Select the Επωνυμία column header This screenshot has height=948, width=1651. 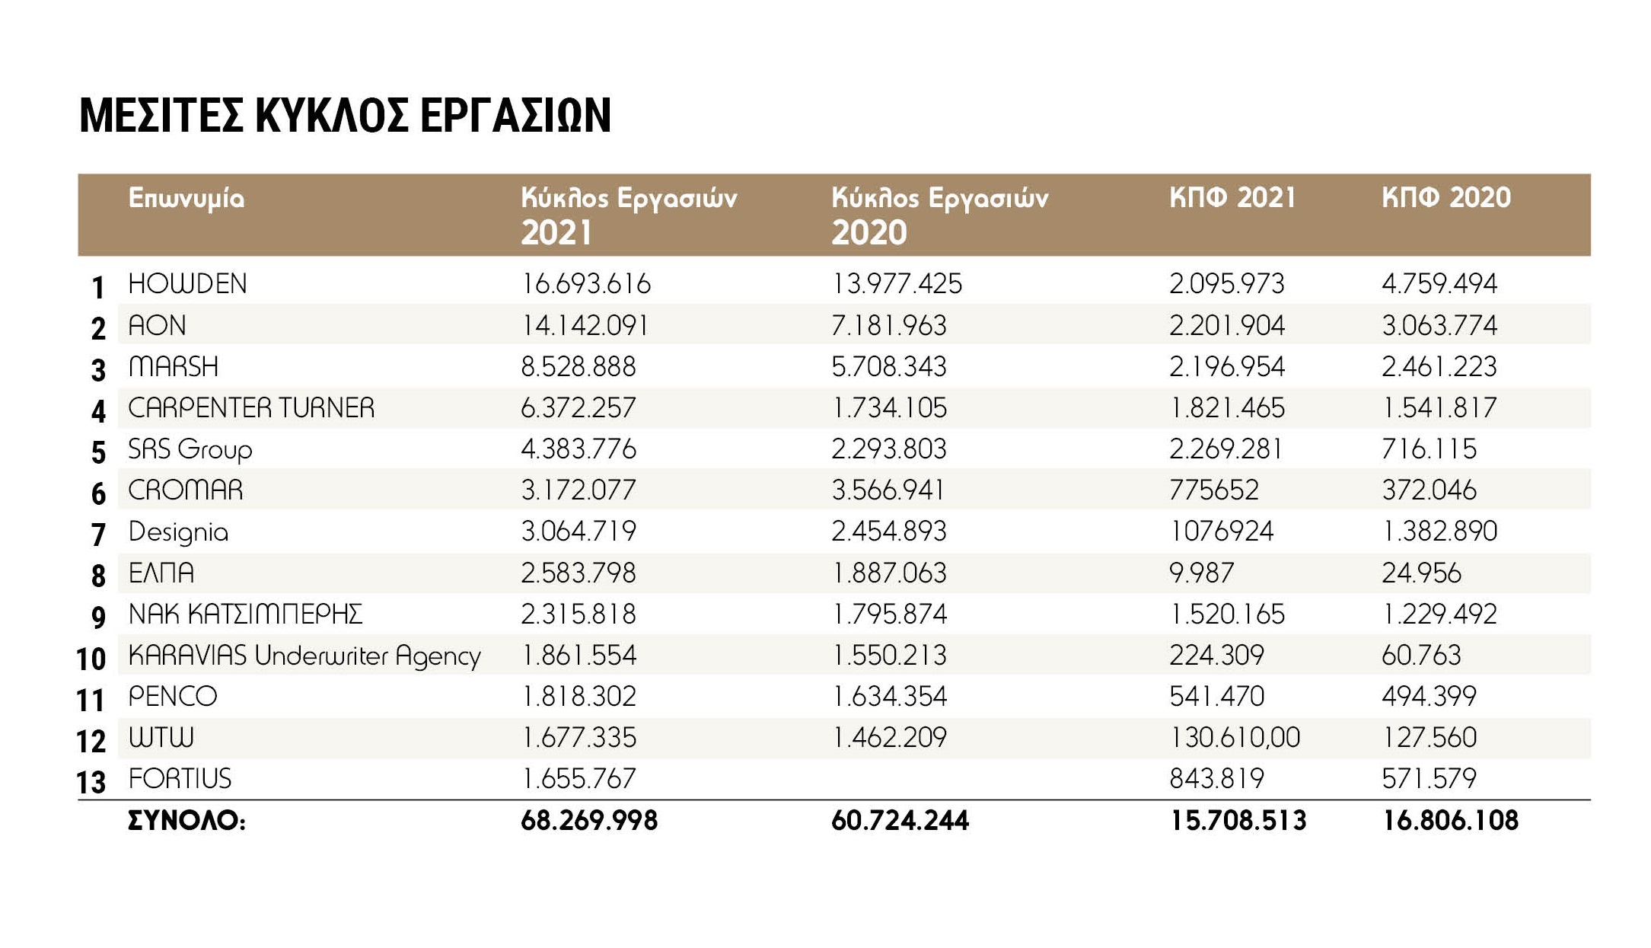click(x=186, y=198)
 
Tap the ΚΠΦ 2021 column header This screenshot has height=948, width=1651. click(x=1232, y=198)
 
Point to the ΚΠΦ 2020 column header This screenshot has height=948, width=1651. click(x=1445, y=198)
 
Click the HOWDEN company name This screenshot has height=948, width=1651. click(x=187, y=284)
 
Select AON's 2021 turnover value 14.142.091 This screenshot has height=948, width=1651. click(x=585, y=326)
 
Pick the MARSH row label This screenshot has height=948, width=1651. click(x=174, y=367)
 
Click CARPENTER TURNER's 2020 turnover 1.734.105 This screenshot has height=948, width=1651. click(x=889, y=408)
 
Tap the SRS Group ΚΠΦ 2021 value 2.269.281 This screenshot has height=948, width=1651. click(x=1226, y=449)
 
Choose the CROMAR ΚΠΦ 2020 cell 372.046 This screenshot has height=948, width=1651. click(x=1429, y=490)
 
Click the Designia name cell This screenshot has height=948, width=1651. click(x=178, y=531)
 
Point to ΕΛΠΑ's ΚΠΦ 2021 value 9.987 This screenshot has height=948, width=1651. click(x=1201, y=573)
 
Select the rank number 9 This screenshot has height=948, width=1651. click(x=98, y=616)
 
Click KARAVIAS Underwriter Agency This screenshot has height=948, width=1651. click(x=304, y=656)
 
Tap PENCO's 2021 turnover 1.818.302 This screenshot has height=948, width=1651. click(x=578, y=697)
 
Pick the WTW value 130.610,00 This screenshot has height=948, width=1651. click(x=1235, y=738)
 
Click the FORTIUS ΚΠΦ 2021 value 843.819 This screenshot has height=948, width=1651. click(x=1216, y=779)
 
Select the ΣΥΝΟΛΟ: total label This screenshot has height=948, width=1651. click(x=186, y=821)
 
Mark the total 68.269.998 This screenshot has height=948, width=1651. click(x=589, y=821)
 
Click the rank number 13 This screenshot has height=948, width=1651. click(x=91, y=782)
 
